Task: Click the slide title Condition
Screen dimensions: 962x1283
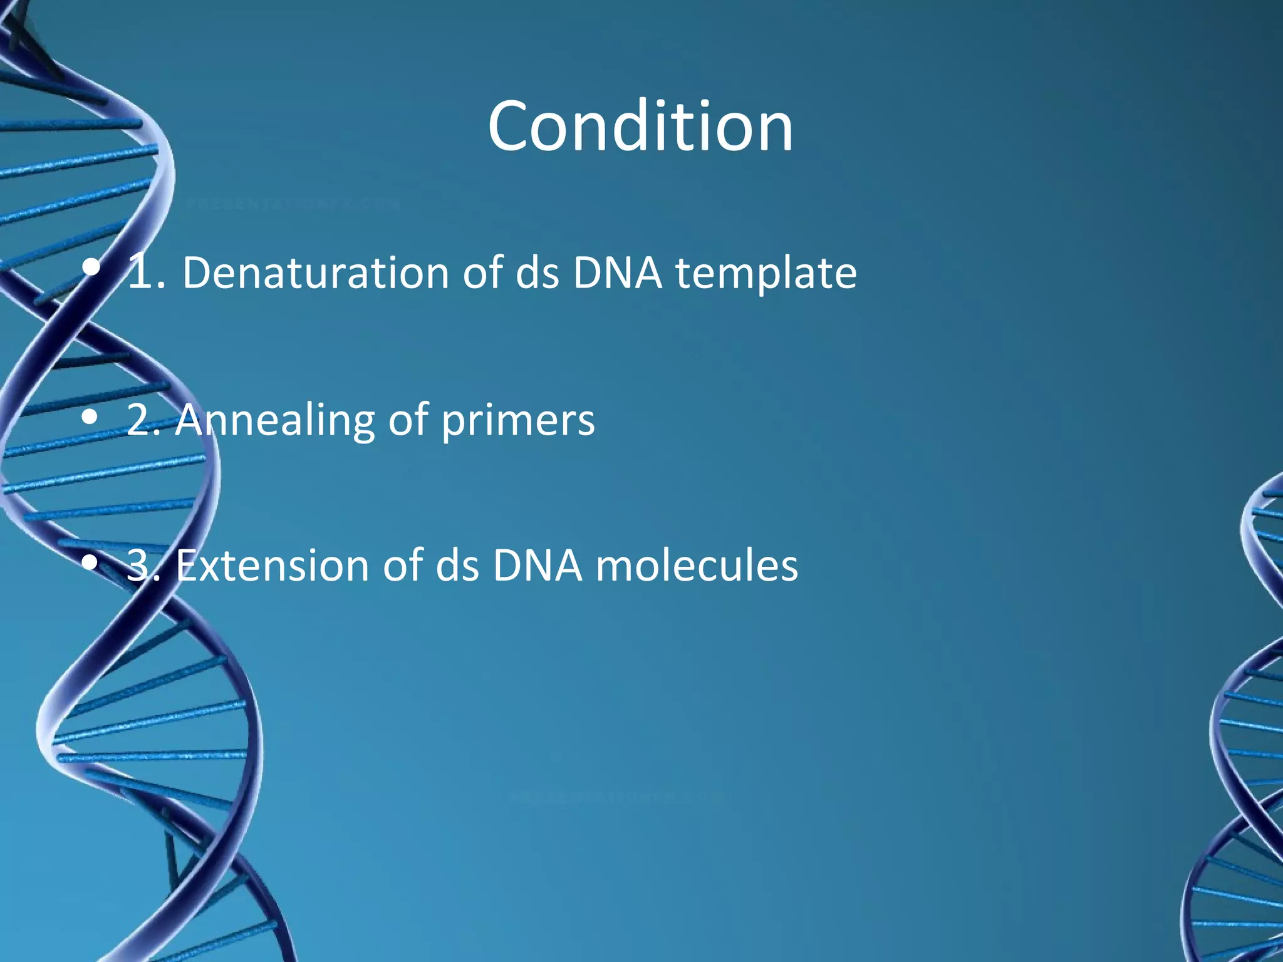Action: (640, 127)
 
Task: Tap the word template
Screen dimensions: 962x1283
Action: (766, 273)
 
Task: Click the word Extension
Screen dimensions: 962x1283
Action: (272, 566)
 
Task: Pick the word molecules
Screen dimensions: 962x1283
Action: (696, 566)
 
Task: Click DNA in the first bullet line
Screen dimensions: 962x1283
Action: (616, 273)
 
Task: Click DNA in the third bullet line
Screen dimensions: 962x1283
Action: (537, 566)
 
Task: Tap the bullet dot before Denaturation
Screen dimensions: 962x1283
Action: (91, 269)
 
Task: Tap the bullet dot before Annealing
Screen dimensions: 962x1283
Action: (91, 416)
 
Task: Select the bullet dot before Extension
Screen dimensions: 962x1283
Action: (91, 562)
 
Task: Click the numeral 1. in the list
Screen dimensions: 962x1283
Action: (146, 273)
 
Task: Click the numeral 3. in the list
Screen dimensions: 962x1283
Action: (145, 566)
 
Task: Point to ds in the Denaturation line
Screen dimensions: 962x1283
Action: (537, 273)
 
